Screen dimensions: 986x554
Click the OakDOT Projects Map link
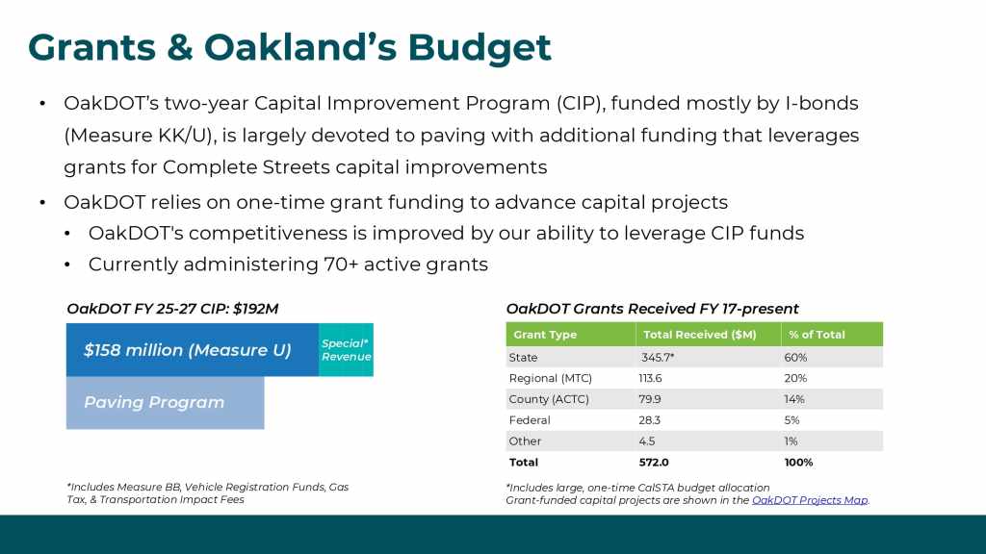810,500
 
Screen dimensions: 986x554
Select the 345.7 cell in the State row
658,358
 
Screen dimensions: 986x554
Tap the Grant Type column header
545,335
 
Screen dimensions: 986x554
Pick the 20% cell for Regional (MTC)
795,378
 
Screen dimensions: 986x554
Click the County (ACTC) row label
549,399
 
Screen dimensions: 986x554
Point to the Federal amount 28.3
650,420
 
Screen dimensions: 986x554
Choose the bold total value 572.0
654,463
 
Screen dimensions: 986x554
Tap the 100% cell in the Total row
798,463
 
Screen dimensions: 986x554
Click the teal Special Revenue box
346,350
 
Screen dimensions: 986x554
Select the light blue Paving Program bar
166,403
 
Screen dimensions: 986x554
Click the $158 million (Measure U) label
188,350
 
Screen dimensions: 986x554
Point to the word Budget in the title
480,48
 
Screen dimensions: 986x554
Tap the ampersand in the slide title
180,48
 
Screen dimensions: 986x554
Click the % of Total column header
817,335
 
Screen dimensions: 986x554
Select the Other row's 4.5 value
647,441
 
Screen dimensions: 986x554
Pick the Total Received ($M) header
700,335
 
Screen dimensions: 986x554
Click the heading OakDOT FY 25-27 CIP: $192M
172,309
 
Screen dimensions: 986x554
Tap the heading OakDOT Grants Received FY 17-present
652,309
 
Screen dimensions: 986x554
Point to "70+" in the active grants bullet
341,264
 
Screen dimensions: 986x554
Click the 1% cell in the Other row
791,441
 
